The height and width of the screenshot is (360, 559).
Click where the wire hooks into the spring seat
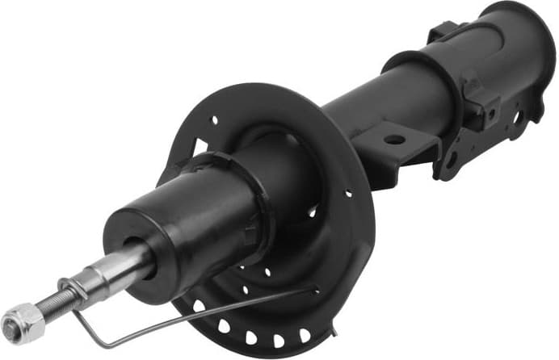(312, 290)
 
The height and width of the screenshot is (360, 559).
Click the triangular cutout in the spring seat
(197, 149)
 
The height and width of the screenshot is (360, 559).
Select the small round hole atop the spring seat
(213, 119)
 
